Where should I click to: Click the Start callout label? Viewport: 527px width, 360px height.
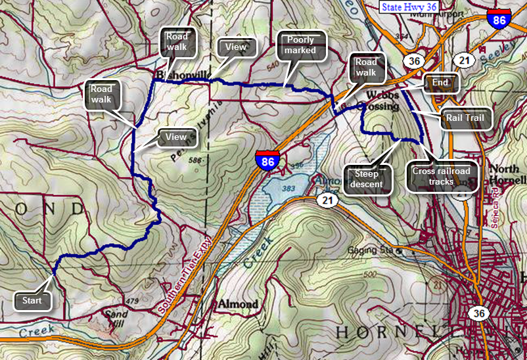click(x=32, y=301)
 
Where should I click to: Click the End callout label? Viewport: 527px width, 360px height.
click(x=440, y=83)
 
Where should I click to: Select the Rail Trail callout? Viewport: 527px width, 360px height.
click(x=465, y=118)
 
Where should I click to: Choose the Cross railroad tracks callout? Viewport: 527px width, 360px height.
click(x=442, y=176)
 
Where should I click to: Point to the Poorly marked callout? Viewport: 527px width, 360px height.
click(x=301, y=45)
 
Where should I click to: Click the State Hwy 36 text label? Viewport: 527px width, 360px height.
click(x=408, y=7)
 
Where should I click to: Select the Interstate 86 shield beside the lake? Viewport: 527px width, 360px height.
click(x=266, y=160)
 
